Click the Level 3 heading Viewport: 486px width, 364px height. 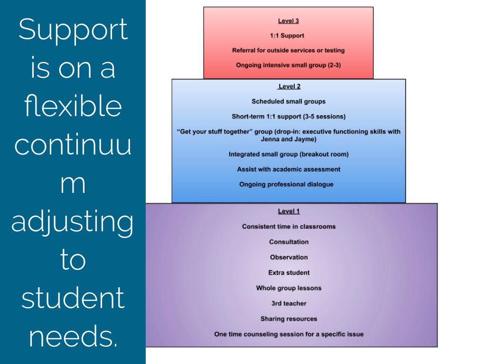pos(288,21)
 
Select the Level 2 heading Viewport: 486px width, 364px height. pos(289,86)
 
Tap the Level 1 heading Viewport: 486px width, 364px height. pos(289,211)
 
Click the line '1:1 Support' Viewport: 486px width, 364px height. pos(288,36)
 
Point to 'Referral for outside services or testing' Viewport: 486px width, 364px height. pos(288,50)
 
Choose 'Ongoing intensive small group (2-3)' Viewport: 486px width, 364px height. pos(288,65)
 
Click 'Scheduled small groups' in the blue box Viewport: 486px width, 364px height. pos(288,101)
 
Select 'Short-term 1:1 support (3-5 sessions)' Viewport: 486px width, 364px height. pos(288,116)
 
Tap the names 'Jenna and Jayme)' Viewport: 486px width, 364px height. pos(288,139)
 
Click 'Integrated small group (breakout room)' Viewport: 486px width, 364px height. pos(288,154)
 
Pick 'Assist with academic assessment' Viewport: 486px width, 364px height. pos(288,169)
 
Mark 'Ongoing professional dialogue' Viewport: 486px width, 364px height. pos(288,184)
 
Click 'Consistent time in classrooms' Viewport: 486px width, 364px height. pos(289,227)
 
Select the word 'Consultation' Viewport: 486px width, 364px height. pos(289,242)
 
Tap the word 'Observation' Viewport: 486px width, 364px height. pos(289,257)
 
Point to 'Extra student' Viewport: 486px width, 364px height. pos(289,273)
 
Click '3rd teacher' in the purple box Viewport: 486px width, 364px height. pos(289,303)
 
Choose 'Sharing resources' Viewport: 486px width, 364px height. pos(289,318)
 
